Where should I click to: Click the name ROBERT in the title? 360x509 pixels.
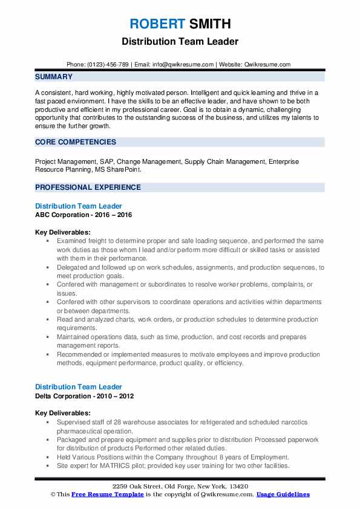pyautogui.click(x=156, y=24)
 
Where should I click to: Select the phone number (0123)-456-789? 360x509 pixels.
pyautogui.click(x=108, y=64)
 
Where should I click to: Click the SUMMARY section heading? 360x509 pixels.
pyautogui.click(x=54, y=77)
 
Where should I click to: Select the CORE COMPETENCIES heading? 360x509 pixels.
pyautogui.click(x=76, y=142)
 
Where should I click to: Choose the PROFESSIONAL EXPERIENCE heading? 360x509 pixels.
pyautogui.click(x=88, y=187)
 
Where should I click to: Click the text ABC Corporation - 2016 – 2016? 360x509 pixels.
pyautogui.click(x=83, y=215)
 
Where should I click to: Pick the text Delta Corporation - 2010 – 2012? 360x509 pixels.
pyautogui.click(x=85, y=396)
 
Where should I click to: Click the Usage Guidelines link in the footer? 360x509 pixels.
pyautogui.click(x=283, y=494)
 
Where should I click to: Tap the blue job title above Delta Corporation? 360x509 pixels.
pyautogui.click(x=79, y=387)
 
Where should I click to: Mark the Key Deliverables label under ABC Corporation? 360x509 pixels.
pyautogui.click(x=63, y=232)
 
